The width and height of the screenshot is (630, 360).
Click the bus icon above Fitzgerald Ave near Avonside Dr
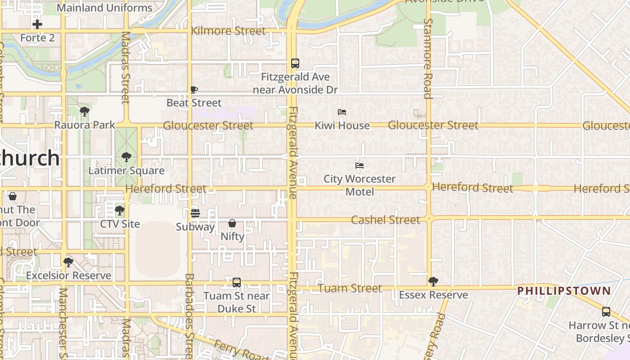pyautogui.click(x=295, y=63)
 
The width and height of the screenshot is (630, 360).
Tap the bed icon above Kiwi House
pyautogui.click(x=342, y=112)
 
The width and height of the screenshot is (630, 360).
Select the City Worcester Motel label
pyautogui.click(x=360, y=185)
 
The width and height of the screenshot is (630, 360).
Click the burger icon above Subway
pyautogui.click(x=195, y=213)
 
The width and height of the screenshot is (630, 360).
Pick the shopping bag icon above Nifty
pyautogui.click(x=232, y=223)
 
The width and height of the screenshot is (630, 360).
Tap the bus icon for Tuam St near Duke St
pyautogui.click(x=236, y=283)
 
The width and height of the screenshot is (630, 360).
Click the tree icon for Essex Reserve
pyautogui.click(x=433, y=282)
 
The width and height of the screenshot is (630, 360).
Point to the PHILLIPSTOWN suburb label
pyautogui.click(x=563, y=291)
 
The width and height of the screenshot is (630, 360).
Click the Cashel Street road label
pyautogui.click(x=385, y=220)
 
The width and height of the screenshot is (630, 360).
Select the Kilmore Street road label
pyautogui.click(x=228, y=31)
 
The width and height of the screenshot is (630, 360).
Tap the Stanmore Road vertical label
pyautogui.click(x=428, y=58)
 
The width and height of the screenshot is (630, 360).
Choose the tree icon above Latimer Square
pyautogui.click(x=126, y=157)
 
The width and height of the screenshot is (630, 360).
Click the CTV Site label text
pyautogui.click(x=120, y=224)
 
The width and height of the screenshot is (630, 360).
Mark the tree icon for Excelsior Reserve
pyautogui.click(x=68, y=262)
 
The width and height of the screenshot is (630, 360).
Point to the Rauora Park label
pyautogui.click(x=85, y=125)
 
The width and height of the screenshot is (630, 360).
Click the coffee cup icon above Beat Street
pyautogui.click(x=194, y=90)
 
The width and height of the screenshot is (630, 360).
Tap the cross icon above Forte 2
pyautogui.click(x=37, y=24)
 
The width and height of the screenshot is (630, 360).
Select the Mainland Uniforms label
pyautogui.click(x=104, y=8)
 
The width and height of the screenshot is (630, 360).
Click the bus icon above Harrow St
pyautogui.click(x=606, y=312)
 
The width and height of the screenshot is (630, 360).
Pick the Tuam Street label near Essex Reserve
pyautogui.click(x=350, y=288)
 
